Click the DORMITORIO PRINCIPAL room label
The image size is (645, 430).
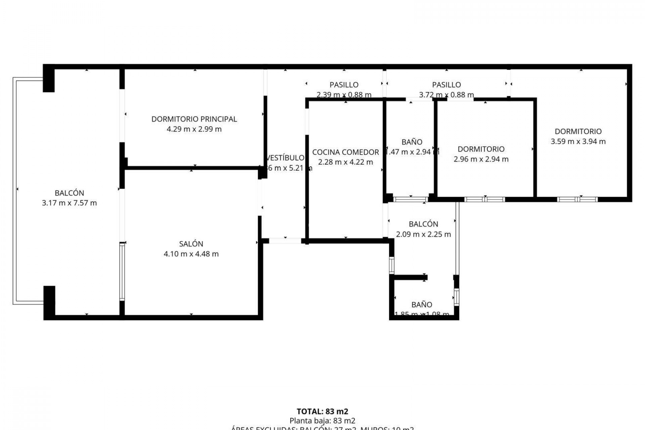point(194,119)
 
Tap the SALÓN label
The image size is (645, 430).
point(191,244)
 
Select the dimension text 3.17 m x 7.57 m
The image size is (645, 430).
point(69,203)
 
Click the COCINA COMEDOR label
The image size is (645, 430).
point(345,152)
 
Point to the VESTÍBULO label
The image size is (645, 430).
point(285,158)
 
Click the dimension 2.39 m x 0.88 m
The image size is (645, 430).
point(344,95)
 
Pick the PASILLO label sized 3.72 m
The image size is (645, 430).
point(446,85)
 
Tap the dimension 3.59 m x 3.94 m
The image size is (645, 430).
point(578,141)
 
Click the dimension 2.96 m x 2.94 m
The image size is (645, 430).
point(481,159)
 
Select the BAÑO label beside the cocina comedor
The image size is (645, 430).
point(412,142)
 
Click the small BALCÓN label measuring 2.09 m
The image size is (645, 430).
point(423,224)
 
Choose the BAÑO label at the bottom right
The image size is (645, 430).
point(422,305)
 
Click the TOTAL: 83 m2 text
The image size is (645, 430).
point(322,411)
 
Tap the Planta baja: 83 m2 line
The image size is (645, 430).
point(322,421)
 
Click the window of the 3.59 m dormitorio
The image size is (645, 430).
point(577,199)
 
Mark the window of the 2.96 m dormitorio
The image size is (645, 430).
point(484,199)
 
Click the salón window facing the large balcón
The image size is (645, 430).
point(122,271)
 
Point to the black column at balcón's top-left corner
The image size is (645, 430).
point(49,79)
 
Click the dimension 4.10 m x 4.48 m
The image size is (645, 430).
point(191,254)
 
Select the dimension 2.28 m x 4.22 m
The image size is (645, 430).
point(345,162)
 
